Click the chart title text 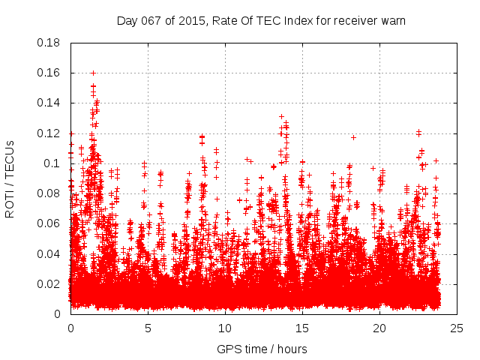[261, 20]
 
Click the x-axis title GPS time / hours [262, 349]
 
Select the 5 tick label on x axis [148, 328]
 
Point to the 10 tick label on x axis [225, 328]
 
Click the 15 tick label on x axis [302, 328]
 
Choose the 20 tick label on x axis [379, 328]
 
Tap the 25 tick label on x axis [457, 328]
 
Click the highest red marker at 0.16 [93, 73]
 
